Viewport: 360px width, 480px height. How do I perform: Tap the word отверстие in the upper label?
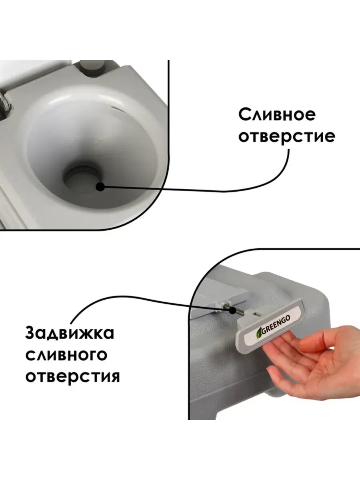point(287,137)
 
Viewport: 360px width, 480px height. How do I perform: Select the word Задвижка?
point(70,333)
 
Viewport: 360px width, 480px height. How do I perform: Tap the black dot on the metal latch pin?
point(233,310)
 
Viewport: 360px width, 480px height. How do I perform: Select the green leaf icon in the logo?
point(259,333)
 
